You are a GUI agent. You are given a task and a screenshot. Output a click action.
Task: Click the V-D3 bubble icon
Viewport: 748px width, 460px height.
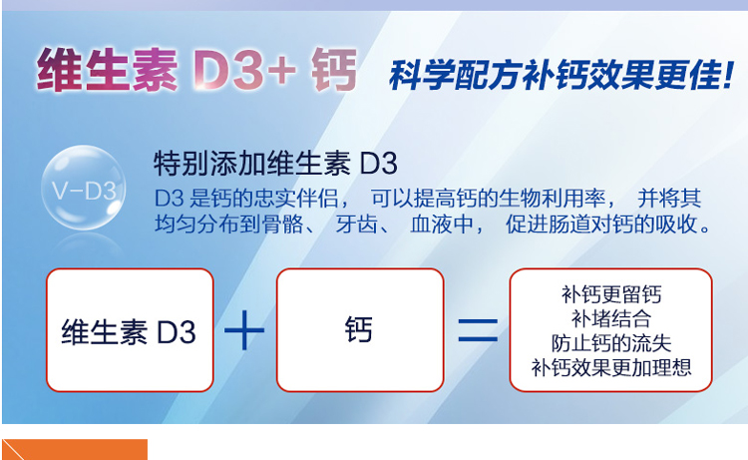pos(84,188)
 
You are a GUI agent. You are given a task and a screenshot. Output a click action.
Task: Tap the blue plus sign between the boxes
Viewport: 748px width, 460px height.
pos(244,329)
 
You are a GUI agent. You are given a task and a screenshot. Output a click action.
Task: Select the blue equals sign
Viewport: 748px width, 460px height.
pos(478,330)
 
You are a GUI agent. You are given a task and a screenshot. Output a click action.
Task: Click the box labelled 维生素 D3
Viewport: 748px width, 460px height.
pos(130,330)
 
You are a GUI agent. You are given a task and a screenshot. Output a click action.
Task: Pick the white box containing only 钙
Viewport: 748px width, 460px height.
pos(360,330)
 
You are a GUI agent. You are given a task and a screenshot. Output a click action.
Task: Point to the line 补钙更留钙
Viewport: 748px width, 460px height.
pos(611,294)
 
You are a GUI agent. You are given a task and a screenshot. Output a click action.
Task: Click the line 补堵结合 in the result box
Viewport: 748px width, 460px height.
pos(611,318)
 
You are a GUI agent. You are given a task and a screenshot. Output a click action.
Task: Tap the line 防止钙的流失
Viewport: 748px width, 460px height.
pos(611,343)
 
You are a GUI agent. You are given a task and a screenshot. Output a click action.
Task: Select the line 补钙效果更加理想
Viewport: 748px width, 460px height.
pos(611,367)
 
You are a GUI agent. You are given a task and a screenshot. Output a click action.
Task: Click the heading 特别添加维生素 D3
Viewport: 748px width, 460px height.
pos(275,164)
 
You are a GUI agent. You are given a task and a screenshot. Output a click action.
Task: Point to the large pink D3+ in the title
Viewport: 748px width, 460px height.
pos(244,70)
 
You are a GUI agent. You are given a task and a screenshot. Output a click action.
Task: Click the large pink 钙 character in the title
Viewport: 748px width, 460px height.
pos(334,70)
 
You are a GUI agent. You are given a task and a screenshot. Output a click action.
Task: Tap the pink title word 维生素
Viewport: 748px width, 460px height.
pos(107,70)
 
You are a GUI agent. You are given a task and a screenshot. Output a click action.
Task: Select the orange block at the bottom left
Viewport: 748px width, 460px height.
pos(75,449)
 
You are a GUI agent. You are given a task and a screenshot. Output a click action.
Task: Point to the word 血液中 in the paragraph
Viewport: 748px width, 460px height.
pos(442,225)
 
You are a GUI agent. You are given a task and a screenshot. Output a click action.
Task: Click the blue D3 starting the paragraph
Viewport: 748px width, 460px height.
pos(169,199)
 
